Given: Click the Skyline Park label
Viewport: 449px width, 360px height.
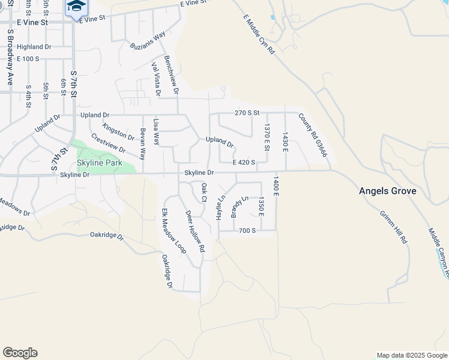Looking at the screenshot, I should point(99,163).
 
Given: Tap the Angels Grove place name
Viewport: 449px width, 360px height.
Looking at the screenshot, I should point(387,191).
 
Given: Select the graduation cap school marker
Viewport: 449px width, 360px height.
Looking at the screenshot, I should point(76,7).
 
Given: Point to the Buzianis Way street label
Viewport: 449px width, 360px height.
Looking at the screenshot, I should point(148,43).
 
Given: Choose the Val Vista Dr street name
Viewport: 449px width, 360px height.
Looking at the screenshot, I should point(156,79).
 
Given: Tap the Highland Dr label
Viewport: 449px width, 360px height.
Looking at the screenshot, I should point(34,47).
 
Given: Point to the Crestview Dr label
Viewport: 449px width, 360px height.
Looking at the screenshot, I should point(108,142).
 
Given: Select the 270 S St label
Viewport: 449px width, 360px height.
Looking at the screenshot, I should point(246,112).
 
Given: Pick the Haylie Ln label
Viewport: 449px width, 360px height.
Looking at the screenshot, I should point(221,206).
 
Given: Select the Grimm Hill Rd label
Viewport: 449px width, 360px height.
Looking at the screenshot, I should point(394,226).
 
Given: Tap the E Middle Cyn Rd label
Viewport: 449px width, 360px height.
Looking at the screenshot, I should point(259,35).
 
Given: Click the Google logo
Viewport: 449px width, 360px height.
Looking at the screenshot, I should point(20,353).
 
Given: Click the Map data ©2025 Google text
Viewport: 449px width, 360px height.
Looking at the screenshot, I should point(411,355).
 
